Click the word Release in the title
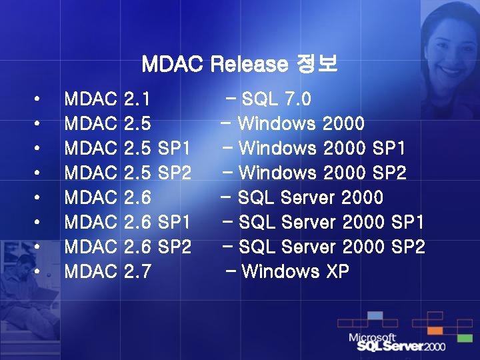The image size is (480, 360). tap(249, 65)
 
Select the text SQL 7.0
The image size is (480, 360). tap(276, 99)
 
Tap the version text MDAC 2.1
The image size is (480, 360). tap(107, 99)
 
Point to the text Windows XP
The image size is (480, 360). tap(295, 272)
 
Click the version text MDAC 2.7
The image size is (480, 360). tap(107, 272)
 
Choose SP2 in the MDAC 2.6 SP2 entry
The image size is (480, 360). tap(175, 247)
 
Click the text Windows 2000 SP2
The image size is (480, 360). tap(322, 173)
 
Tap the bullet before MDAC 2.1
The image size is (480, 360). tap(38, 99)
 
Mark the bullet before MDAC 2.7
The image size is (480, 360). tap(38, 272)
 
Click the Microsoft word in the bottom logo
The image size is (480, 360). tap(372, 337)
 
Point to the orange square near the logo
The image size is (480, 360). tap(435, 330)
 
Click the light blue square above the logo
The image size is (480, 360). tap(375, 315)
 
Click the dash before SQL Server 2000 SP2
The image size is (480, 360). tap(227, 246)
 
